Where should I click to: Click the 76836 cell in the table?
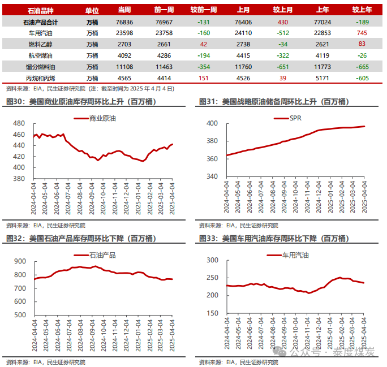click(x=124, y=21)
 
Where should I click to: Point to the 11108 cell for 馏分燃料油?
click(x=124, y=67)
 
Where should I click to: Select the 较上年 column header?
click(x=362, y=10)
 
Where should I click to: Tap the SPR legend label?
click(x=295, y=118)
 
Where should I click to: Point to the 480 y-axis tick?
click(x=19, y=123)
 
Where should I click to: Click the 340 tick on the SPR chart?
click(x=212, y=176)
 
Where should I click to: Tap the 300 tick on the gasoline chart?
click(x=212, y=260)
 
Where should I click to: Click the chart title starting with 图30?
click(x=81, y=102)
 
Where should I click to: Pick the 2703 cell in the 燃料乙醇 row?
click(x=124, y=44)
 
